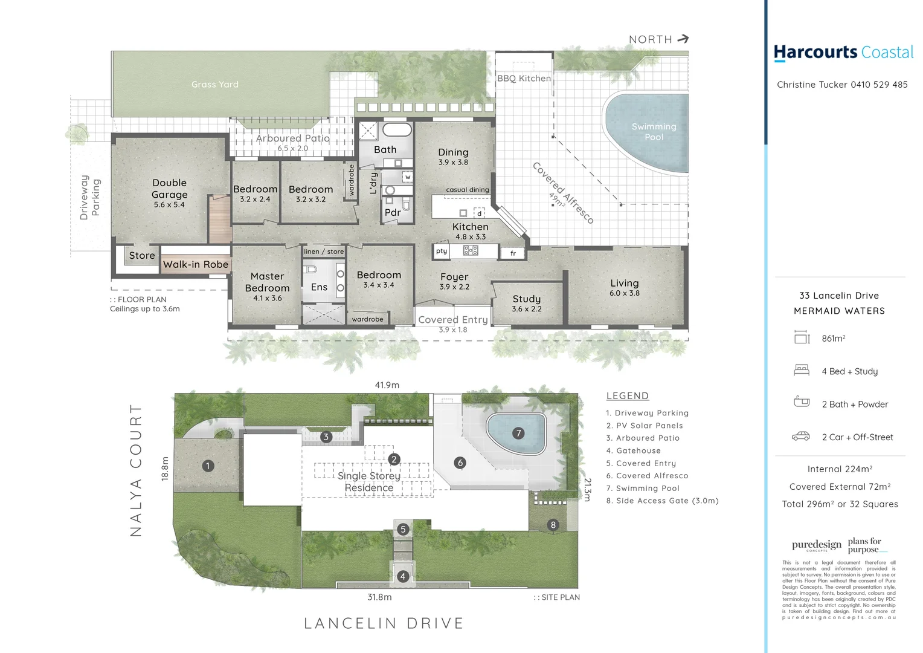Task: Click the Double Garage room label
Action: [170, 189]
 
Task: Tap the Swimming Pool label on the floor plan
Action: [654, 131]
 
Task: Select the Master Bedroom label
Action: [267, 282]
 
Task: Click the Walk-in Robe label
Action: [196, 264]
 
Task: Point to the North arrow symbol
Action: [683, 39]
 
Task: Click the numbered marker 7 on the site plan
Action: [518, 433]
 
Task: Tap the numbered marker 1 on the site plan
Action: [208, 466]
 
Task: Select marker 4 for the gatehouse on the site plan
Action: [403, 576]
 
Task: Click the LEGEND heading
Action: [627, 395]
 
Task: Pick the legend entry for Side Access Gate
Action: [662, 501]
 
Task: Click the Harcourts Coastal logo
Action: [843, 53]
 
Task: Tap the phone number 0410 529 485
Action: [879, 85]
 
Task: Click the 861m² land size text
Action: [833, 339]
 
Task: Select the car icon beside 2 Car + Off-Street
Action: [801, 436]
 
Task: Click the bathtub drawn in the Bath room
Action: [397, 129]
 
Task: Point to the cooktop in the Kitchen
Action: [471, 250]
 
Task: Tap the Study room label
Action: [527, 299]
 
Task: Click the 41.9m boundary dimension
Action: [387, 385]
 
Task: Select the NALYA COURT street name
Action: [136, 470]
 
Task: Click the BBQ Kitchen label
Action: [524, 78]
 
